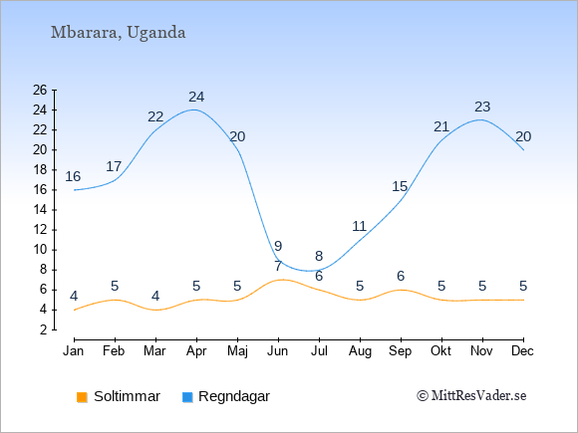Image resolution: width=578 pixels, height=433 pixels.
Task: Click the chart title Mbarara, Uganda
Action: click(x=118, y=33)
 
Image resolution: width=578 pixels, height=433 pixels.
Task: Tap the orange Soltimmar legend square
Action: click(x=82, y=397)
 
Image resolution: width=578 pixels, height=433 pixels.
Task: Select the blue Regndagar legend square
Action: click(x=187, y=397)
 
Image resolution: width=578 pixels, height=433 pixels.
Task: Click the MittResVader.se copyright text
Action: click(x=471, y=396)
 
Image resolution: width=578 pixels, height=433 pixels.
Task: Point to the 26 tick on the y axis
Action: click(x=40, y=90)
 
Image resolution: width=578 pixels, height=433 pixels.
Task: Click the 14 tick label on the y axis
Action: click(x=40, y=210)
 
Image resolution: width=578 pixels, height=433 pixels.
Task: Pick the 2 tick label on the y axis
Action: click(x=44, y=329)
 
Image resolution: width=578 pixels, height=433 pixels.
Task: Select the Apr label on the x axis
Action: click(x=196, y=351)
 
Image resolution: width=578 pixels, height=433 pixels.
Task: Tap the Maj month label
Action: click(x=237, y=351)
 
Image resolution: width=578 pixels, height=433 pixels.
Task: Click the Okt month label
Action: click(x=440, y=351)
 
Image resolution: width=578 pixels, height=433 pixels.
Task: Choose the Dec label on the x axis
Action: click(x=523, y=351)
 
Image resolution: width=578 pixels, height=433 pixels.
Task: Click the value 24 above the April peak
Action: click(x=196, y=97)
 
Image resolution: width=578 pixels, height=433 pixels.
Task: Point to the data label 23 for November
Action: click(x=482, y=107)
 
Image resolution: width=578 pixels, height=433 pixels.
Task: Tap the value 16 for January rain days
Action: click(x=73, y=176)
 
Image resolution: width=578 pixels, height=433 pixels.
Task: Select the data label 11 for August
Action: click(x=359, y=226)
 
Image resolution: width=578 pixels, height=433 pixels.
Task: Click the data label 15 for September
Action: click(x=400, y=186)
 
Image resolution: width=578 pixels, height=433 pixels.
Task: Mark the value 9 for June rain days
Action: click(x=278, y=246)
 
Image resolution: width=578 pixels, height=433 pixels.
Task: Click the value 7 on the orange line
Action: click(x=278, y=266)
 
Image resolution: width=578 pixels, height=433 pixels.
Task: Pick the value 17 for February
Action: click(x=114, y=166)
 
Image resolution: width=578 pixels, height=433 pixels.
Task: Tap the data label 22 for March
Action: click(x=155, y=116)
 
